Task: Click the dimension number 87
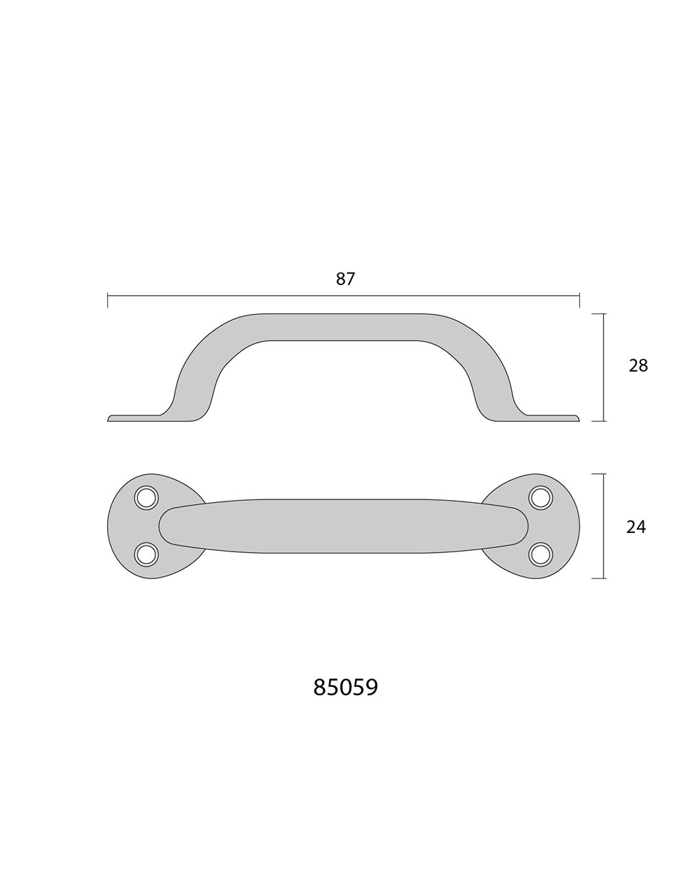coord(345,279)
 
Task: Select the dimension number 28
coord(638,365)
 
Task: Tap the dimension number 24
coord(636,528)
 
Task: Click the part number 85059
coord(345,687)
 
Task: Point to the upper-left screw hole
coord(146,498)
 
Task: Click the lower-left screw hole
coord(146,554)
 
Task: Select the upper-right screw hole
coord(540,498)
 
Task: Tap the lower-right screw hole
coord(540,554)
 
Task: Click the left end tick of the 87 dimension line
coord(108,300)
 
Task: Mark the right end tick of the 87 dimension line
coord(579,300)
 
